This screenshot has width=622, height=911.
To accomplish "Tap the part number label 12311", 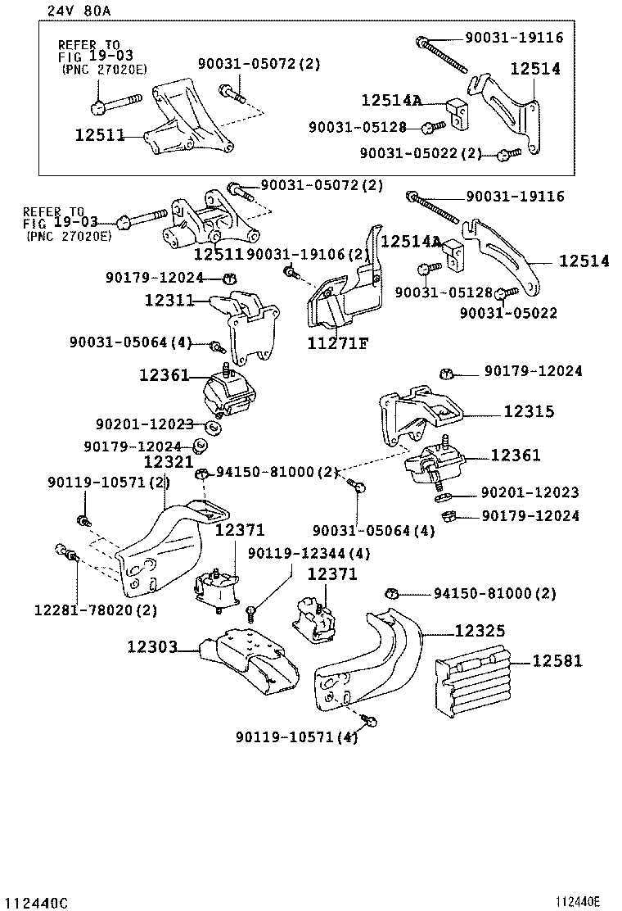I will (x=168, y=301).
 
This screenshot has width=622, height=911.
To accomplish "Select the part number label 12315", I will (x=528, y=412).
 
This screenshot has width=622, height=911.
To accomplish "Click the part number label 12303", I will (x=152, y=647).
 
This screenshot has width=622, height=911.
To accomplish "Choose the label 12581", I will (x=558, y=660).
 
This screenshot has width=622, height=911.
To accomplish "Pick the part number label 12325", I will (x=480, y=630).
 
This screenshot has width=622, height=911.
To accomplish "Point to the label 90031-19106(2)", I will (x=308, y=255).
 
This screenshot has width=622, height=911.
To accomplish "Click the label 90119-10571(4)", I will (x=297, y=737).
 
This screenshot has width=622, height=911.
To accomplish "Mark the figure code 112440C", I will (x=34, y=903).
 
